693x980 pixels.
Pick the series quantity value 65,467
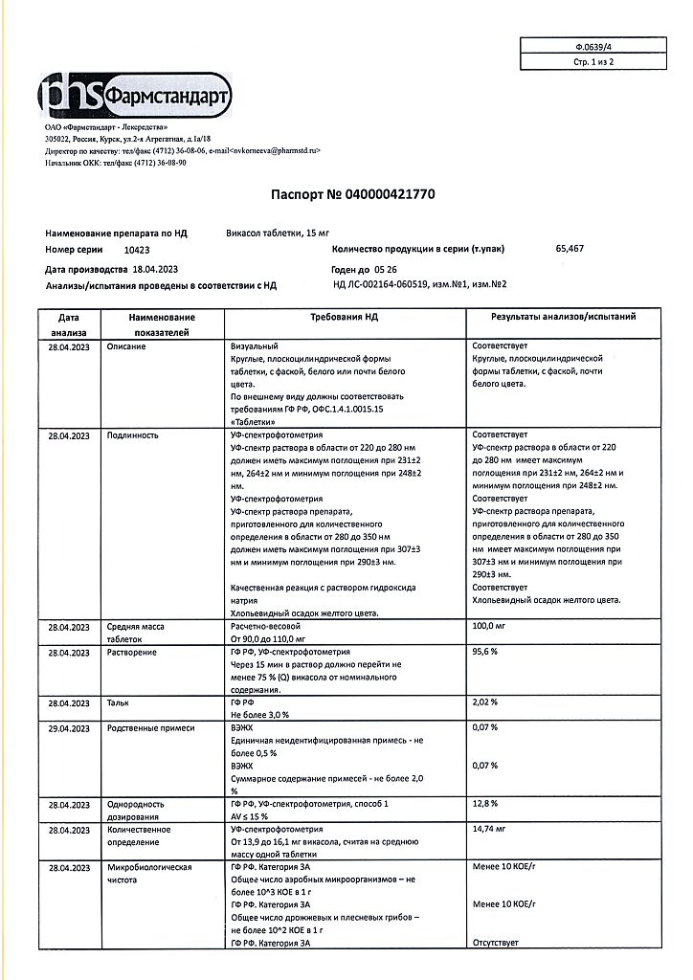570,249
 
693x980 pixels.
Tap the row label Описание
126,345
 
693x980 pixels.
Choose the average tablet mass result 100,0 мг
490,627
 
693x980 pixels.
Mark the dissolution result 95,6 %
485,652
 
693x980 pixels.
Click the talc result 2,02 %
485,702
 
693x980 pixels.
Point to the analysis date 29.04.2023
68,728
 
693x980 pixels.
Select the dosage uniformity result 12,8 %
485,804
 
